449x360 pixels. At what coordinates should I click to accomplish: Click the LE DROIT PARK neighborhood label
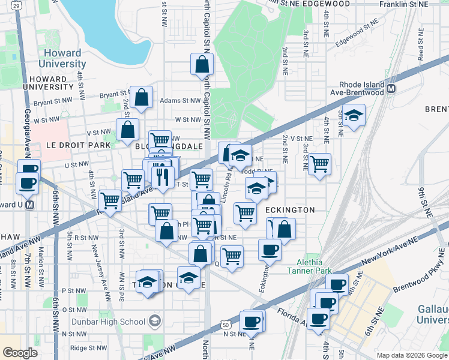coord(79,145)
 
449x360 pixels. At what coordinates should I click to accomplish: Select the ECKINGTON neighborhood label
coord(290,210)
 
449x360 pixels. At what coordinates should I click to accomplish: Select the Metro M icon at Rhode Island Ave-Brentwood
coord(391,89)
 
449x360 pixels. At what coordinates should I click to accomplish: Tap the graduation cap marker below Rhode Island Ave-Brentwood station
coord(355,116)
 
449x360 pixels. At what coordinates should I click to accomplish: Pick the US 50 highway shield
coord(224,325)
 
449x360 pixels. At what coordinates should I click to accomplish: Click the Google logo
coord(20,353)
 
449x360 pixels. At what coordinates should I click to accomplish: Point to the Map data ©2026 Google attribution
coord(411,355)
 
